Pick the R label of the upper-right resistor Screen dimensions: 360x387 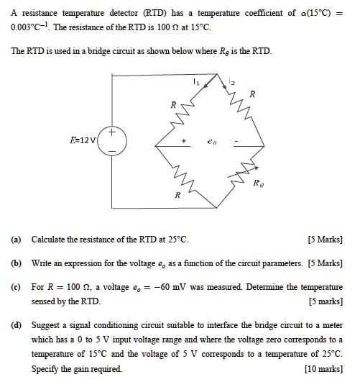pyautogui.click(x=251, y=94)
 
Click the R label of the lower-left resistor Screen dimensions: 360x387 pyautogui.click(x=177, y=195)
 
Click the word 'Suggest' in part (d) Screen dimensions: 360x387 pyautogui.click(x=47, y=326)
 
